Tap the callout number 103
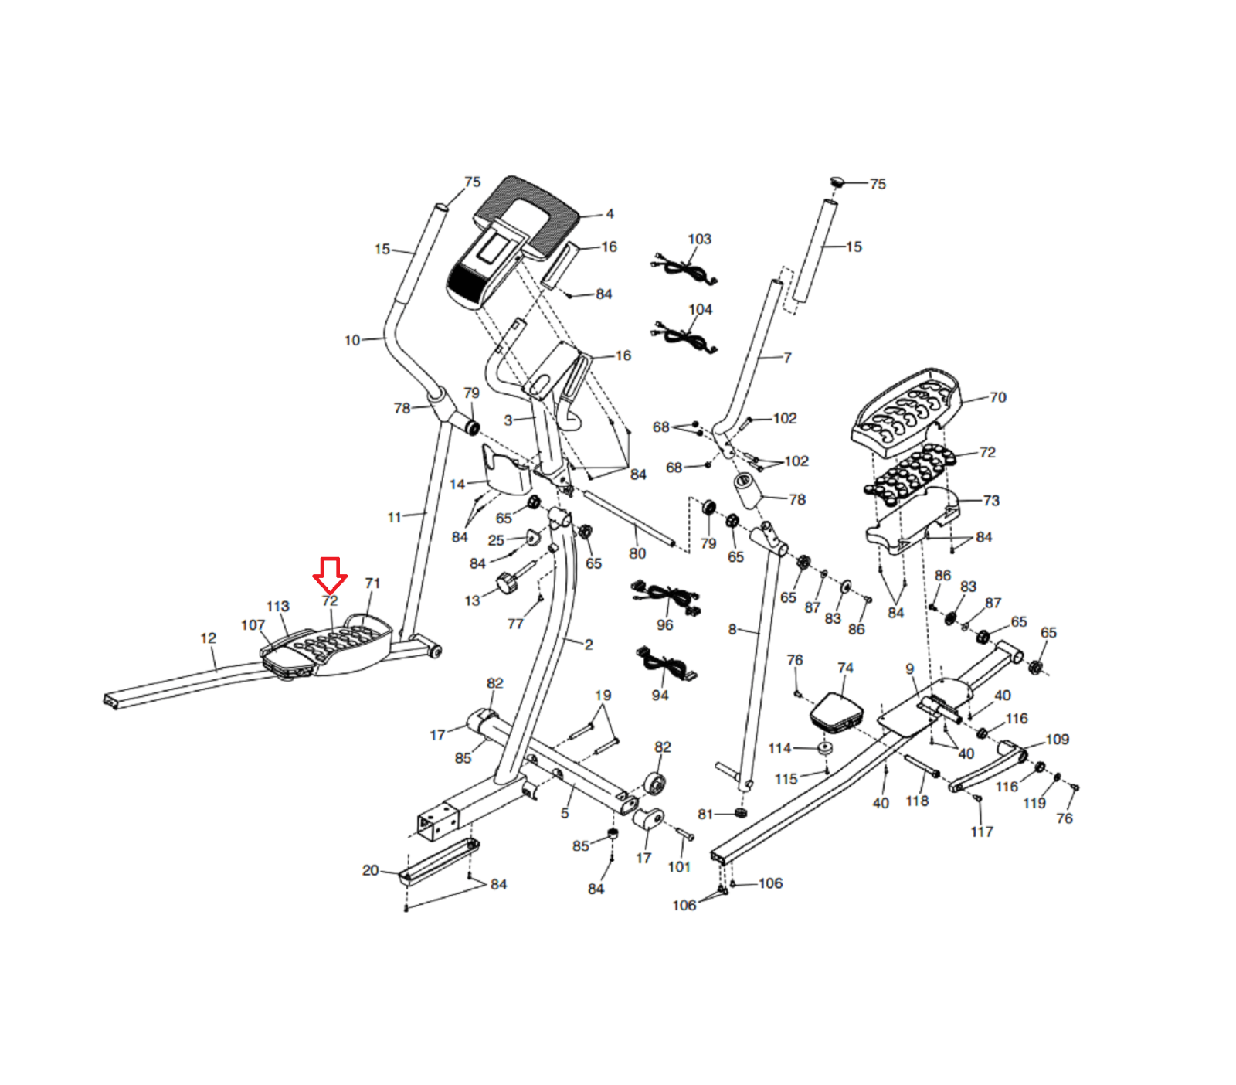pos(699,239)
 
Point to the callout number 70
pos(997,397)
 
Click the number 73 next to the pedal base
pos(991,500)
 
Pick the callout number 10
pos(352,340)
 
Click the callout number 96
pos(664,624)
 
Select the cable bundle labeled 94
pos(665,664)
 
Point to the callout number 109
pos(1057,740)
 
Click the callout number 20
pos(371,870)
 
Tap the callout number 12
pos(209,638)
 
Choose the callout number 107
pos(253,624)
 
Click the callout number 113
pos(277,606)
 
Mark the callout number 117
pos(982,832)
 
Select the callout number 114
pos(779,748)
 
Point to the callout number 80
pos(637,553)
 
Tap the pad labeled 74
pos(836,713)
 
